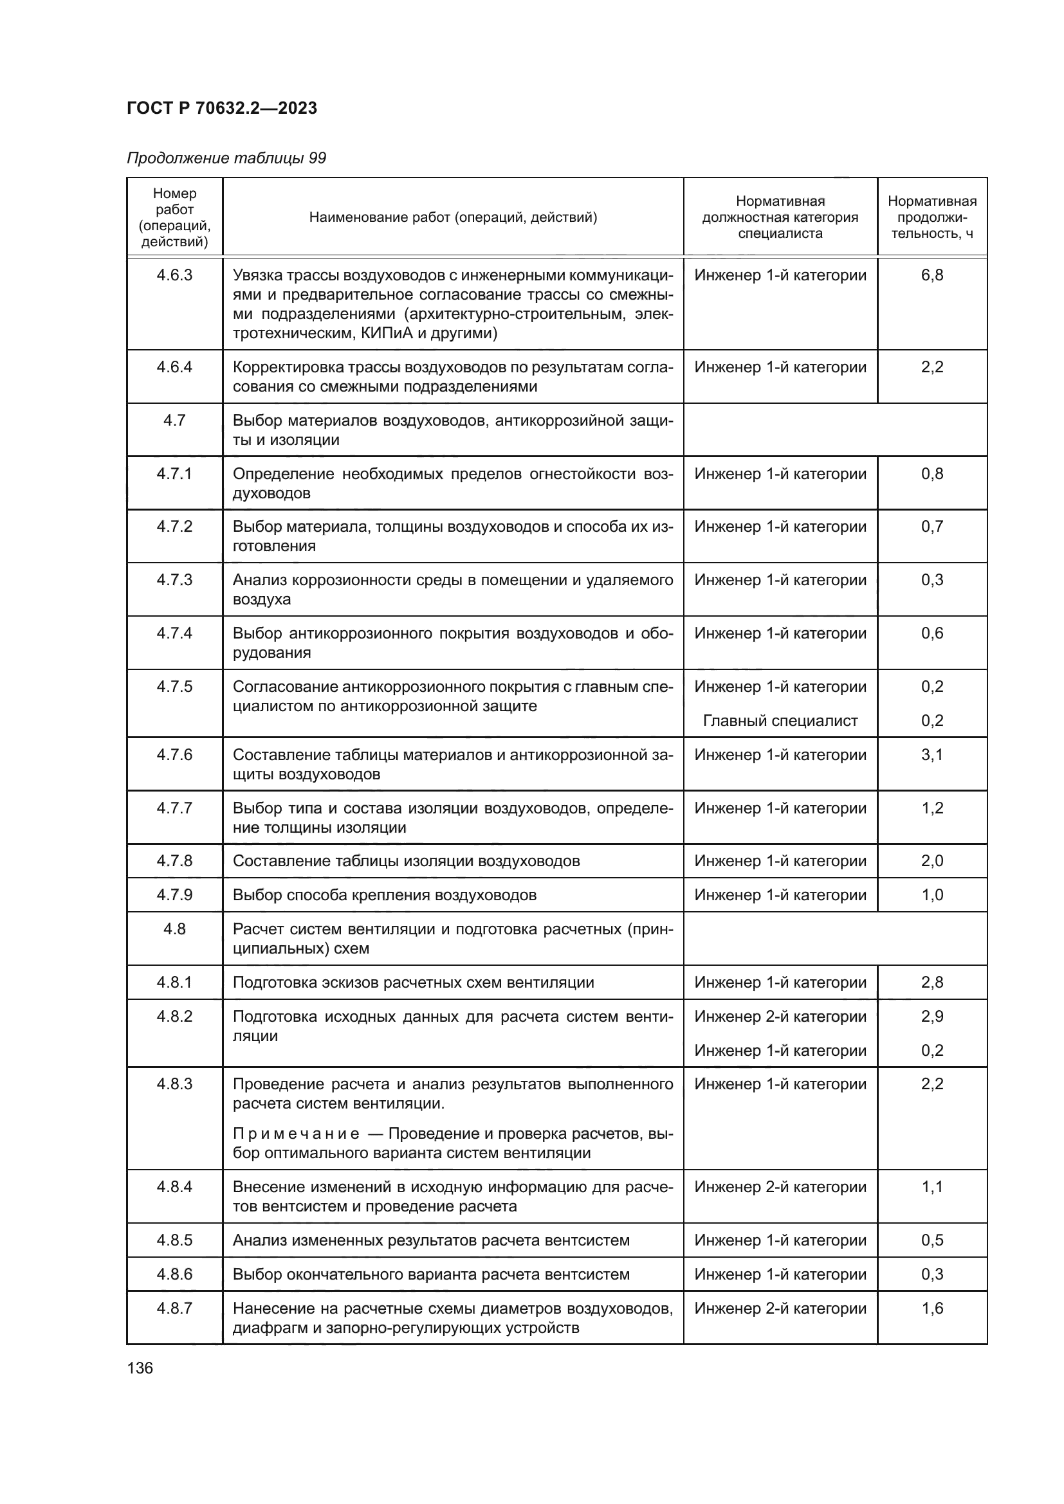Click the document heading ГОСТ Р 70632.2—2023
(221, 108)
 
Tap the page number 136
(140, 1368)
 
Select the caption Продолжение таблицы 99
(226, 158)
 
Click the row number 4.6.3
(174, 275)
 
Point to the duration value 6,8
(931, 275)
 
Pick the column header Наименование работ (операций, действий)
(453, 217)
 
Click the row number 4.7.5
(174, 687)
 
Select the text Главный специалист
(780, 721)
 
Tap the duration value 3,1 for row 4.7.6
(931, 755)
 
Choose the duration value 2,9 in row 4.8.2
(931, 1016)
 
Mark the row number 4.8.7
(174, 1308)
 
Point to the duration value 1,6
(931, 1308)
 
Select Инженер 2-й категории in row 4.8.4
(780, 1187)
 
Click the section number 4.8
(174, 929)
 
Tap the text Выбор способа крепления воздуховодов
(385, 895)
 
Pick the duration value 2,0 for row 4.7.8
(931, 861)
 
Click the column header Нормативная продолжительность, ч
(931, 217)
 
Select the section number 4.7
(174, 420)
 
